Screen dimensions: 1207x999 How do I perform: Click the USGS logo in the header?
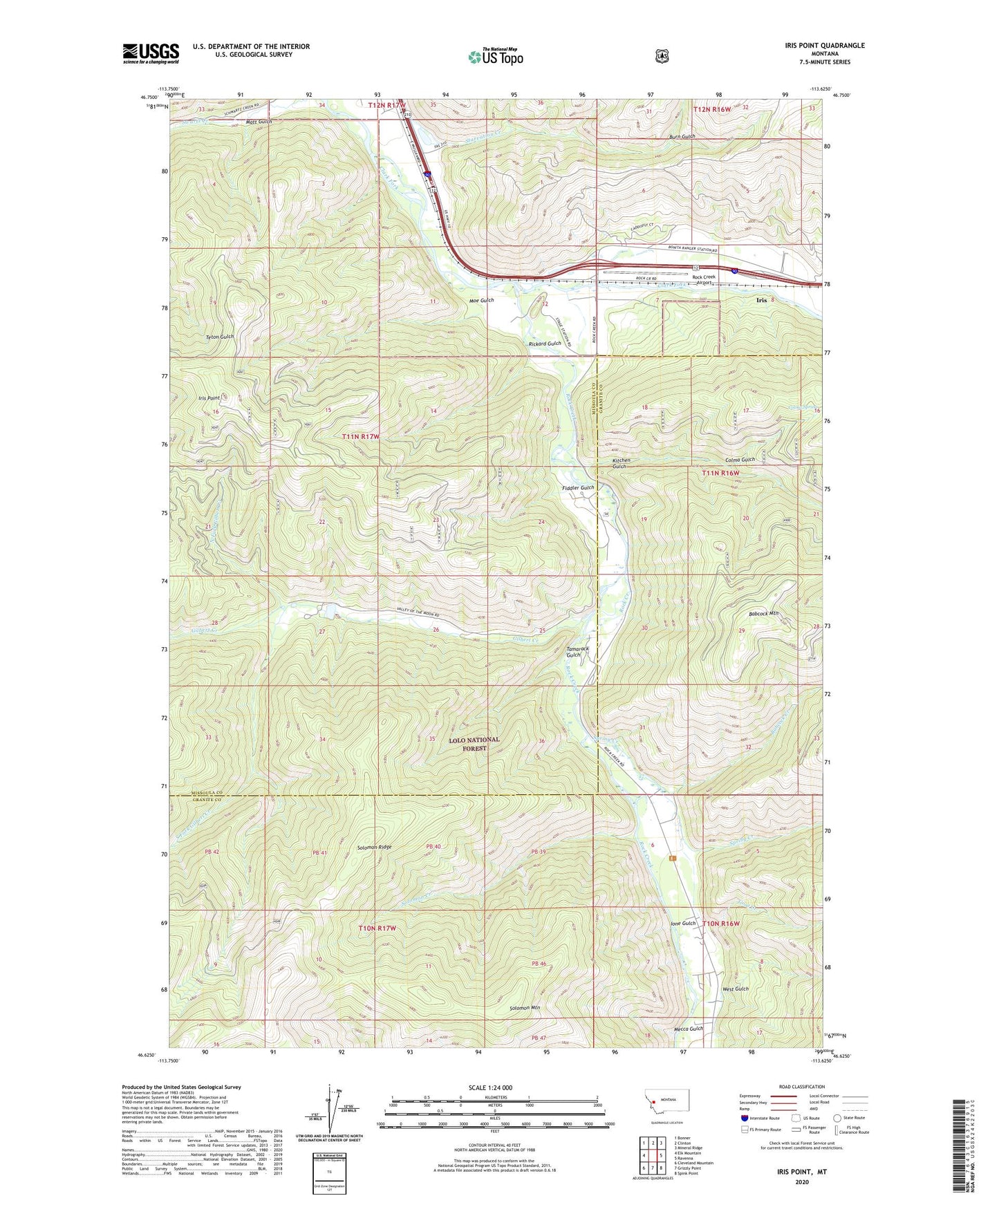[x=151, y=53]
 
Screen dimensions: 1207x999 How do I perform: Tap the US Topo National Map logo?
[x=495, y=56]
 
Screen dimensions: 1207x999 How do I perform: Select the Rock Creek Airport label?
[x=704, y=279]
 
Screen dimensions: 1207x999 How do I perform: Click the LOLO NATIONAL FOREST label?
[x=474, y=744]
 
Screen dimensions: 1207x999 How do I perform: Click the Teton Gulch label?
[x=220, y=337]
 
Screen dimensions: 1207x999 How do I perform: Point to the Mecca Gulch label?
[x=688, y=1029]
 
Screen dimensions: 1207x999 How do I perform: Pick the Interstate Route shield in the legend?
[x=743, y=1117]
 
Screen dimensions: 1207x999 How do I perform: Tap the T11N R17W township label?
[x=361, y=437]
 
